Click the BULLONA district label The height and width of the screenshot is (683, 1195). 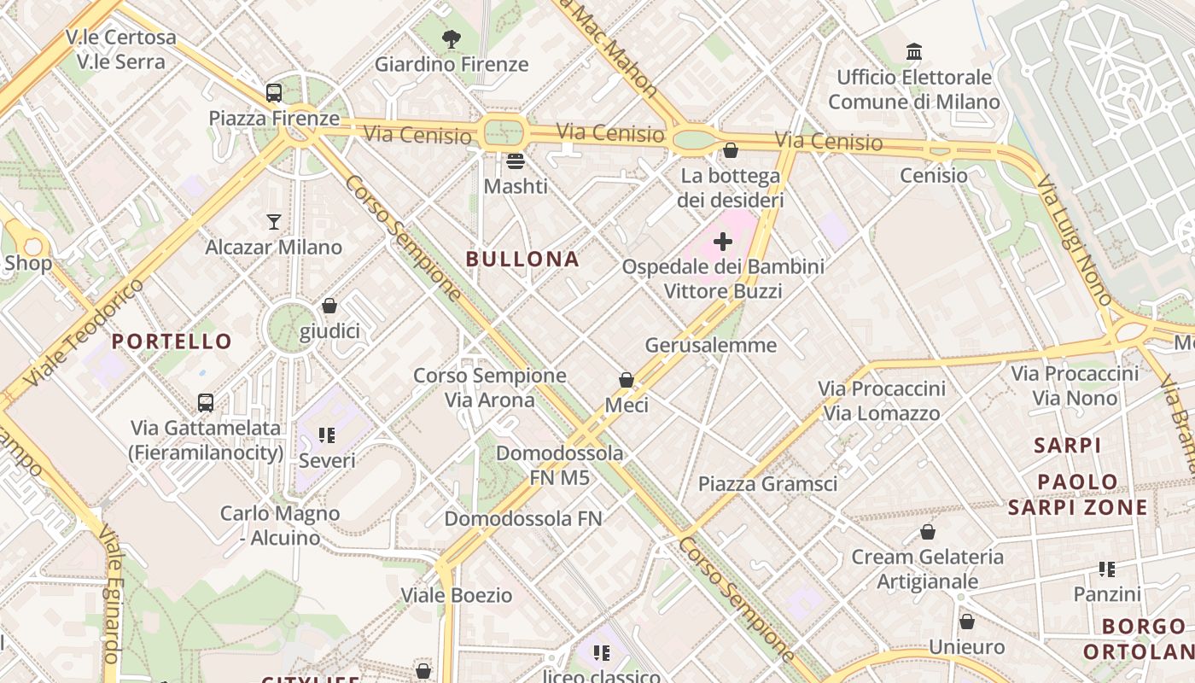pos(522,259)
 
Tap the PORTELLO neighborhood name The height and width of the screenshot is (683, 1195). pos(172,341)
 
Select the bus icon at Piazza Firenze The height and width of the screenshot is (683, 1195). pos(274,93)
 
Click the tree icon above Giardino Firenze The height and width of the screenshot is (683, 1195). pos(452,38)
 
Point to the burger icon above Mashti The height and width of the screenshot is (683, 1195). pos(515,161)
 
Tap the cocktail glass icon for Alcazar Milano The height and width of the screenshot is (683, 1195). pos(273,222)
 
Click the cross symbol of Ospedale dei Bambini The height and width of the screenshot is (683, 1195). pos(723,242)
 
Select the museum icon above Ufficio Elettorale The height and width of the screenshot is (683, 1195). pos(914,52)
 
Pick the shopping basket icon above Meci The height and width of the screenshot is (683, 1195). pos(627,380)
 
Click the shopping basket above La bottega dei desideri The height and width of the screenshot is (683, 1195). pos(730,151)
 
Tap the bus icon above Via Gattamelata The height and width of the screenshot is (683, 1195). pos(206,402)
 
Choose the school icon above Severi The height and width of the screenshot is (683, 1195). pos(327,435)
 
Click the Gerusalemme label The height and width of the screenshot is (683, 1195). pos(711,345)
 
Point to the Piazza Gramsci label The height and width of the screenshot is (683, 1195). pos(767,484)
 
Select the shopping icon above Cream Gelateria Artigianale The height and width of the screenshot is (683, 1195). pos(928,533)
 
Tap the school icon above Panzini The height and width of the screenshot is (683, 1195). pos(1107,569)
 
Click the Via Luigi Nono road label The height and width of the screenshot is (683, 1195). pos(1074,240)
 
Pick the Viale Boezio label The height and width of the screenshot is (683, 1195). pos(457,595)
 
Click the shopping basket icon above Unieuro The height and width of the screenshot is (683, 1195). pos(966,622)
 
